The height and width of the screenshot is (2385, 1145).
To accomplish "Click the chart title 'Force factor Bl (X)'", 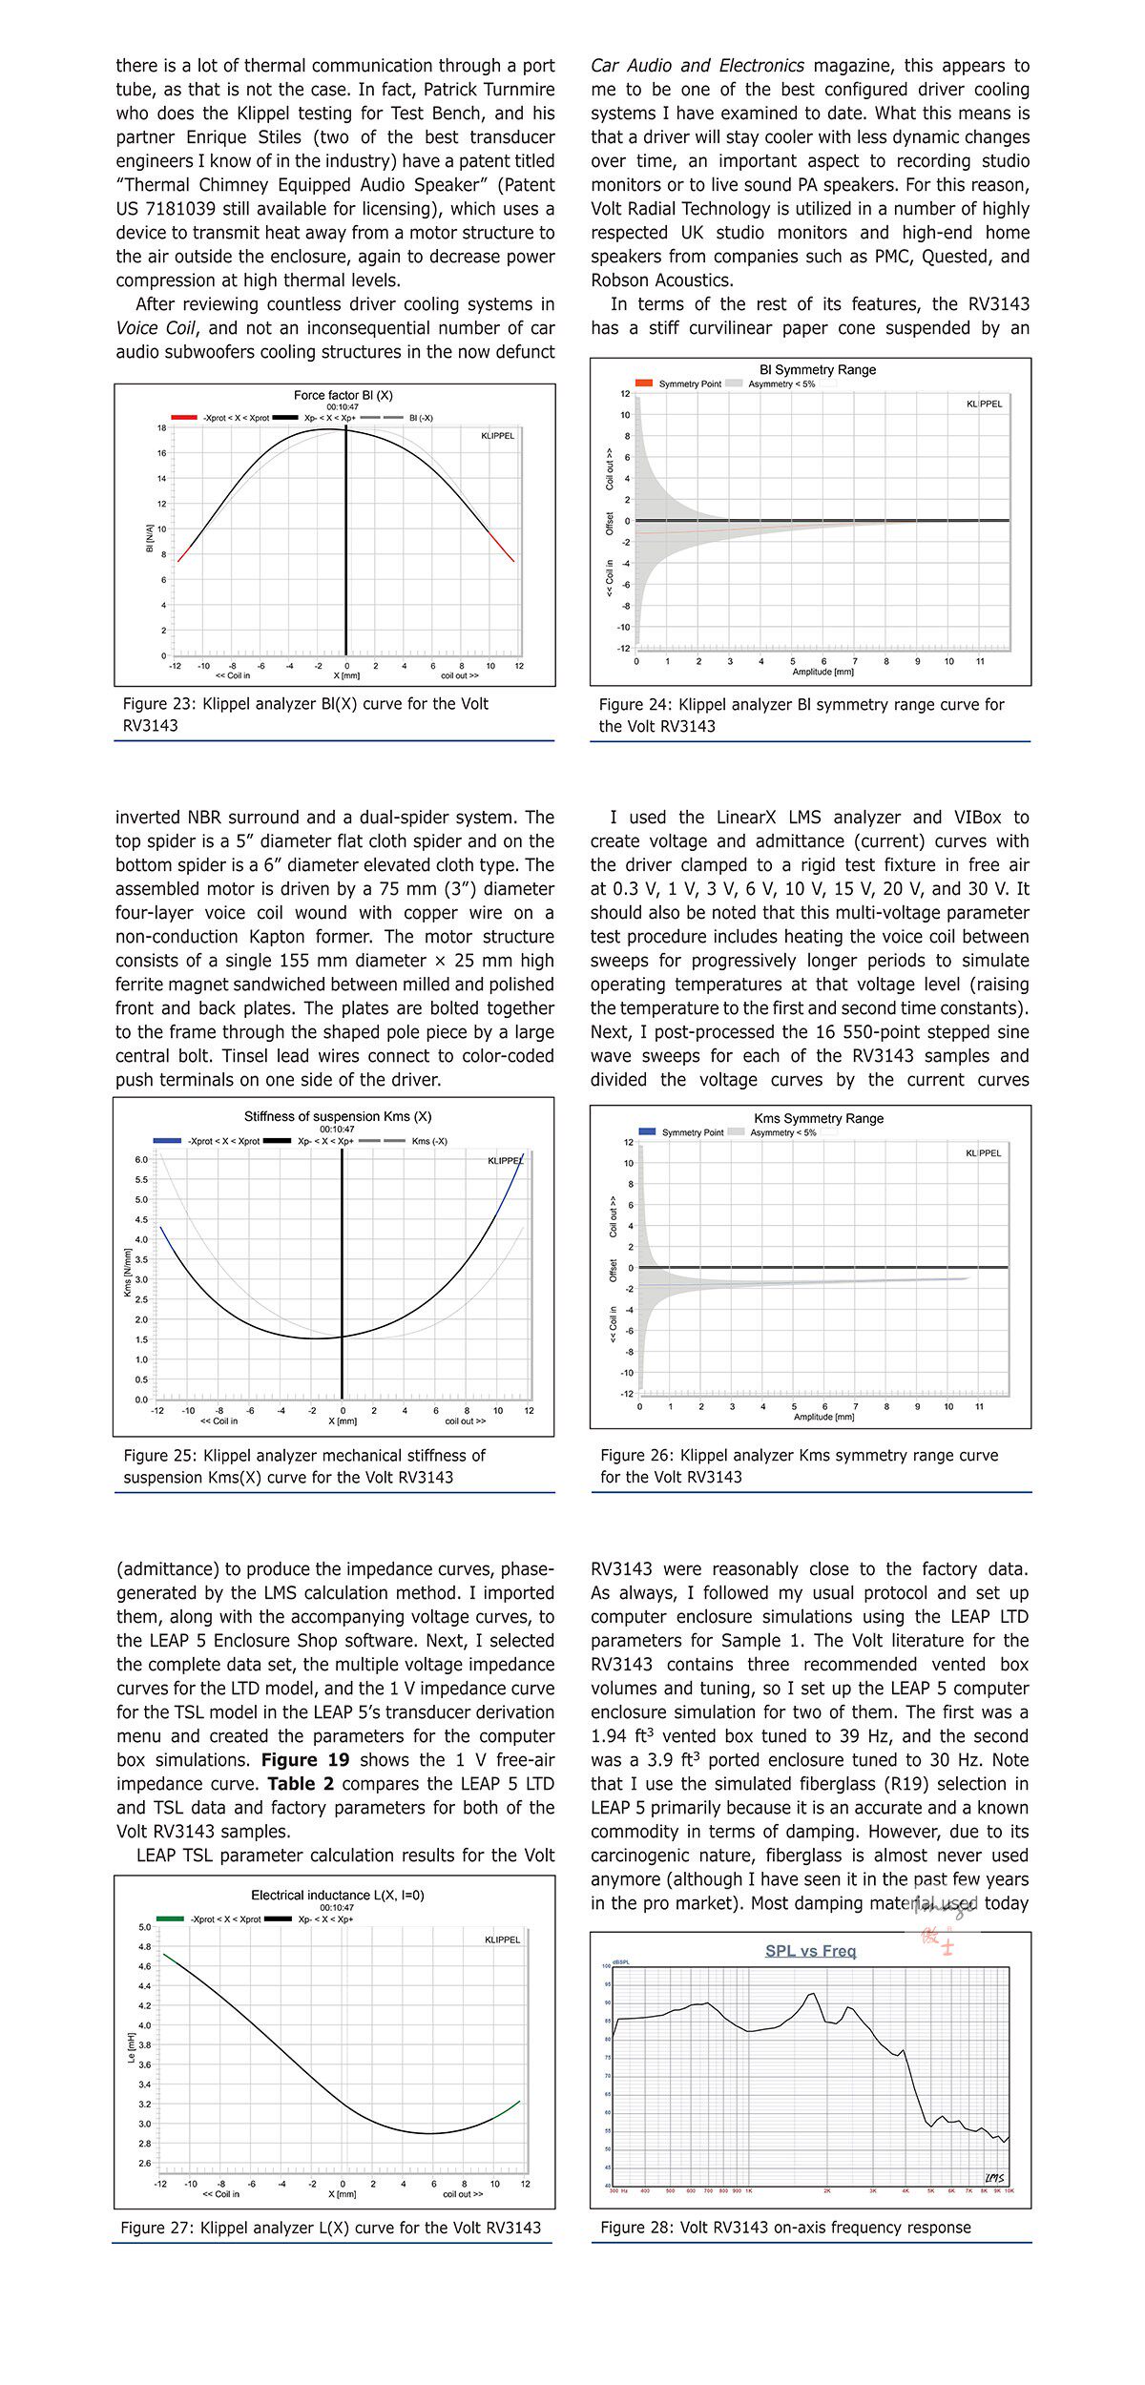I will [x=343, y=395].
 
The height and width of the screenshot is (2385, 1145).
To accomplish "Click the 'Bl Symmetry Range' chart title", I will [x=817, y=370].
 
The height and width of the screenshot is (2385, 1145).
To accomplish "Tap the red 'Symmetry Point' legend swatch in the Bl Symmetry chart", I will [x=644, y=384].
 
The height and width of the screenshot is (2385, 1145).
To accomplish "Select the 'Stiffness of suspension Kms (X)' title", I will [x=338, y=1116].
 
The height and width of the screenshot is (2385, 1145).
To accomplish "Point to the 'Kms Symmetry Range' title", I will [x=819, y=1118].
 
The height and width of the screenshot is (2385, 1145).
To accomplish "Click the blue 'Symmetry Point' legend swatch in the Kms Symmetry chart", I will [x=647, y=1132].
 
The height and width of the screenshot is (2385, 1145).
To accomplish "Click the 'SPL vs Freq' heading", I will [x=810, y=1951].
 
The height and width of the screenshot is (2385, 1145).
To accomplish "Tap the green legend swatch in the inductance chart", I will [x=170, y=1918].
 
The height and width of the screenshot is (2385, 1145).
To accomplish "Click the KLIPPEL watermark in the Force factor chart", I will [x=497, y=436].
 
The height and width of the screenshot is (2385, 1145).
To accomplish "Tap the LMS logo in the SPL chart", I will [x=994, y=2178].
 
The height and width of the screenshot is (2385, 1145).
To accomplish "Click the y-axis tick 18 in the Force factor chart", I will [x=162, y=428].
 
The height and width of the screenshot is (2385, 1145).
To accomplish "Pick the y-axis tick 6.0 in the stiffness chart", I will [x=141, y=1160].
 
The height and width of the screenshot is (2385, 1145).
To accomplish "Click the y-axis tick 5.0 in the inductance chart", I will [x=144, y=1927].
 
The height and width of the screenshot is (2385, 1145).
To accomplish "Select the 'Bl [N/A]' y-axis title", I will [x=149, y=538].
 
